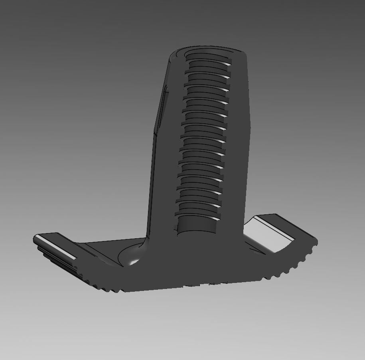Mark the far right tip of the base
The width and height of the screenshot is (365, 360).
[316, 241]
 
